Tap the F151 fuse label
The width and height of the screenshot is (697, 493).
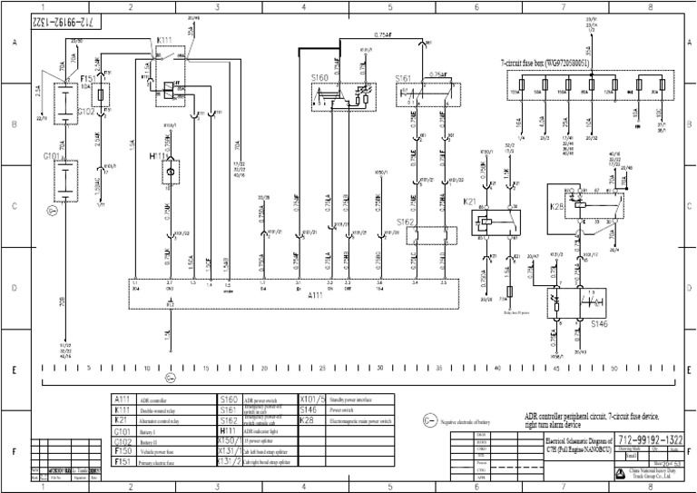click(x=89, y=79)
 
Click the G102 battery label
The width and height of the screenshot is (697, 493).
click(x=87, y=111)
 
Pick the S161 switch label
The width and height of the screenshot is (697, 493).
click(x=405, y=79)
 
